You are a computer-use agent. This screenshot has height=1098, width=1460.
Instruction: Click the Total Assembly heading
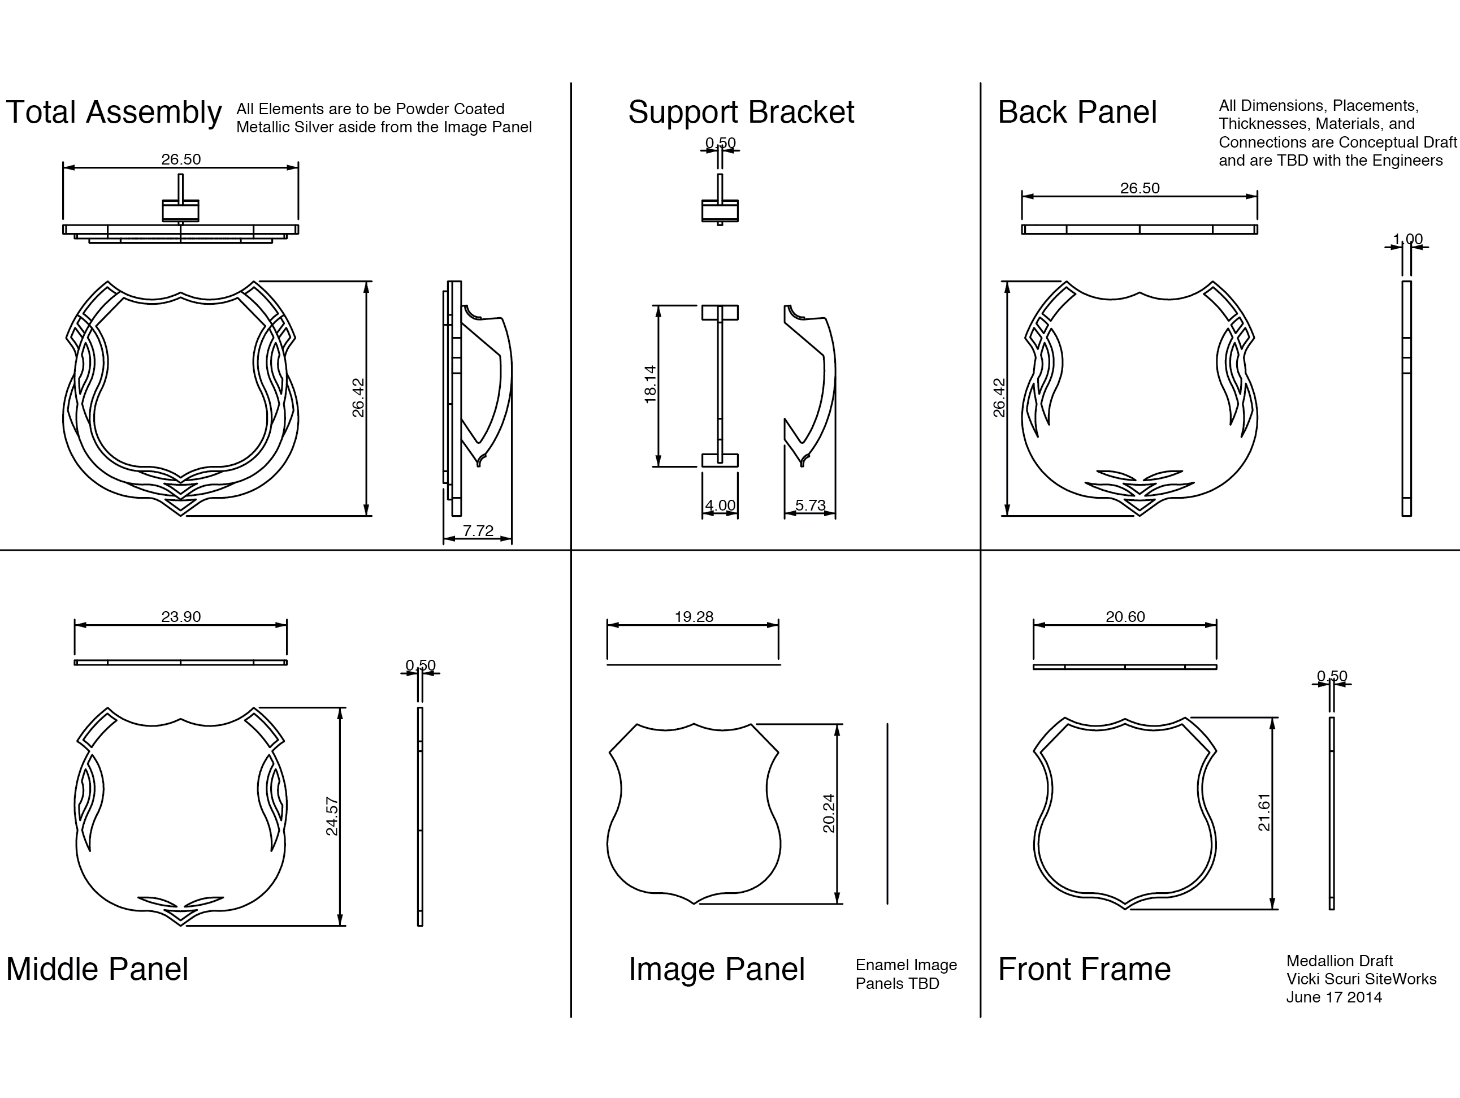point(114,113)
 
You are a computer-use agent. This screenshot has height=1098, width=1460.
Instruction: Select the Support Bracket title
point(740,113)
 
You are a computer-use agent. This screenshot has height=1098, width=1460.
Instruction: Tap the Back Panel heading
point(1077,113)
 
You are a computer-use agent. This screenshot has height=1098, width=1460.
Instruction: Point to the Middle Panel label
point(97,969)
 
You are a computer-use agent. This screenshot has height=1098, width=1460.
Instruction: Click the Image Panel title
point(716,969)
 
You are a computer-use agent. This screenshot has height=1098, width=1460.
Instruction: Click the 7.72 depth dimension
point(478,531)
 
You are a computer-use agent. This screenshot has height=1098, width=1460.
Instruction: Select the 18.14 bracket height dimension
point(650,384)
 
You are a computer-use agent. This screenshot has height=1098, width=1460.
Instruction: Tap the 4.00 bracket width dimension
point(720,506)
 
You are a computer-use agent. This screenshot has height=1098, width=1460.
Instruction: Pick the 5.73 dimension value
point(810,506)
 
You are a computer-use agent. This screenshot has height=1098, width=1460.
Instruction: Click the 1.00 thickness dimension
point(1407,239)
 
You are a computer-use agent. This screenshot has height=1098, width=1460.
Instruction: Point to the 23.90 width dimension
point(181,617)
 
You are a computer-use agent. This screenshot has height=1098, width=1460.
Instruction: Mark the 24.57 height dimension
point(332,817)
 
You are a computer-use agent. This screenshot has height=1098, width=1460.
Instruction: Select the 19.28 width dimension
point(694,617)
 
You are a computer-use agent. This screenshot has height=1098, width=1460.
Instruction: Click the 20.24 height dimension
point(829,814)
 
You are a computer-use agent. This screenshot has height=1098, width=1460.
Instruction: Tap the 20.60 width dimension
point(1125,617)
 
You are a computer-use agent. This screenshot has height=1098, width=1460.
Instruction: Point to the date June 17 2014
point(1334,997)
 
